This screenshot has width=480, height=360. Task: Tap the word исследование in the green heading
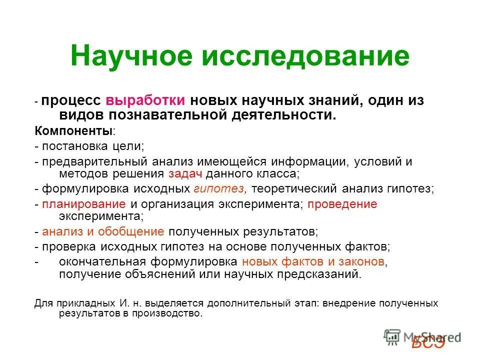point(305,56)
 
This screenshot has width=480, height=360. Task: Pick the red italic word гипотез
point(219,189)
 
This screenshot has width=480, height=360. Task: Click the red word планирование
point(84,204)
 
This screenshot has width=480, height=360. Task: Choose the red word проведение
point(342,204)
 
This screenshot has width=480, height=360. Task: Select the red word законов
point(360,261)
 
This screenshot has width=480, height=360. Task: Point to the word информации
point(308,161)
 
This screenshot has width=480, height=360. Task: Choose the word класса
point(281,174)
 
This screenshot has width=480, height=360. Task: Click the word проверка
point(64,247)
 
